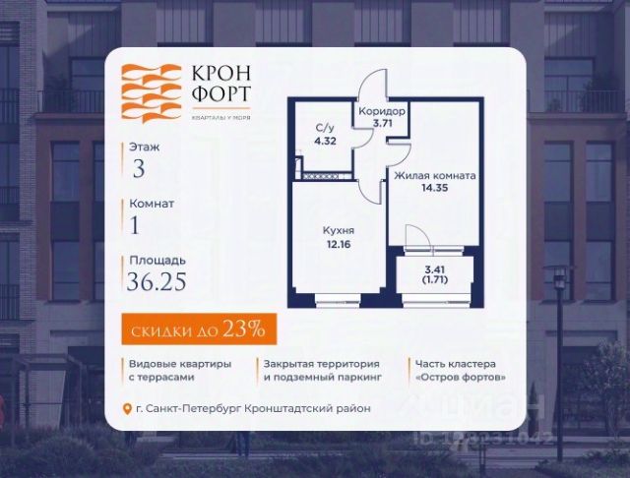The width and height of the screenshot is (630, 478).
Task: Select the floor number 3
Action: (x=138, y=167)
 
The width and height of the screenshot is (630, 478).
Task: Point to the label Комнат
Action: (x=152, y=204)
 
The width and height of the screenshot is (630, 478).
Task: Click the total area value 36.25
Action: (x=157, y=284)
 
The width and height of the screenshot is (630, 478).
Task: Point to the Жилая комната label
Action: (x=435, y=175)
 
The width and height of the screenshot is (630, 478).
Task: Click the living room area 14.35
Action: (x=435, y=189)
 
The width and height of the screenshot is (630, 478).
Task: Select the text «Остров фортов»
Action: (x=461, y=377)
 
